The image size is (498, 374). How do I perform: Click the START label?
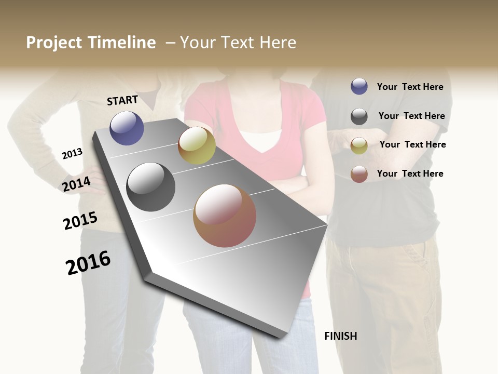click(x=122, y=100)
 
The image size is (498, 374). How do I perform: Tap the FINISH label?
click(x=340, y=336)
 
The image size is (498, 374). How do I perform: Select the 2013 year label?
click(x=72, y=154)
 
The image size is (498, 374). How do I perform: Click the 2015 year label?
click(x=80, y=221)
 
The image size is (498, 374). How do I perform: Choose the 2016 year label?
click(x=88, y=263)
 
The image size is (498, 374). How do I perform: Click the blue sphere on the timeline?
click(x=127, y=128)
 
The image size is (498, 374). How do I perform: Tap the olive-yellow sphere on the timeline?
click(x=197, y=145)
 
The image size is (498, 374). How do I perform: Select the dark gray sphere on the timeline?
click(x=151, y=187)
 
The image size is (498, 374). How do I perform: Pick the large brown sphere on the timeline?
click(x=225, y=216)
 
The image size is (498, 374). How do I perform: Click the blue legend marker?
click(x=359, y=86)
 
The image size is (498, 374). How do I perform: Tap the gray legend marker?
click(x=359, y=116)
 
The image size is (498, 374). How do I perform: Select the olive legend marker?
click(x=359, y=145)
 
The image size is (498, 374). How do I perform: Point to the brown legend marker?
click(x=359, y=174)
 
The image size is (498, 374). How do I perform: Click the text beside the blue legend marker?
click(x=410, y=87)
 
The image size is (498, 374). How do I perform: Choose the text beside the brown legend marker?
click(x=410, y=173)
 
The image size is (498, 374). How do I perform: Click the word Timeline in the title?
click(x=122, y=43)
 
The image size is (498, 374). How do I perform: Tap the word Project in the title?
click(x=54, y=43)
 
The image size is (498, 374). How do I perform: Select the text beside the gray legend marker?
click(x=411, y=116)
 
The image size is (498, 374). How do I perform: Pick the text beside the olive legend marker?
click(x=412, y=144)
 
